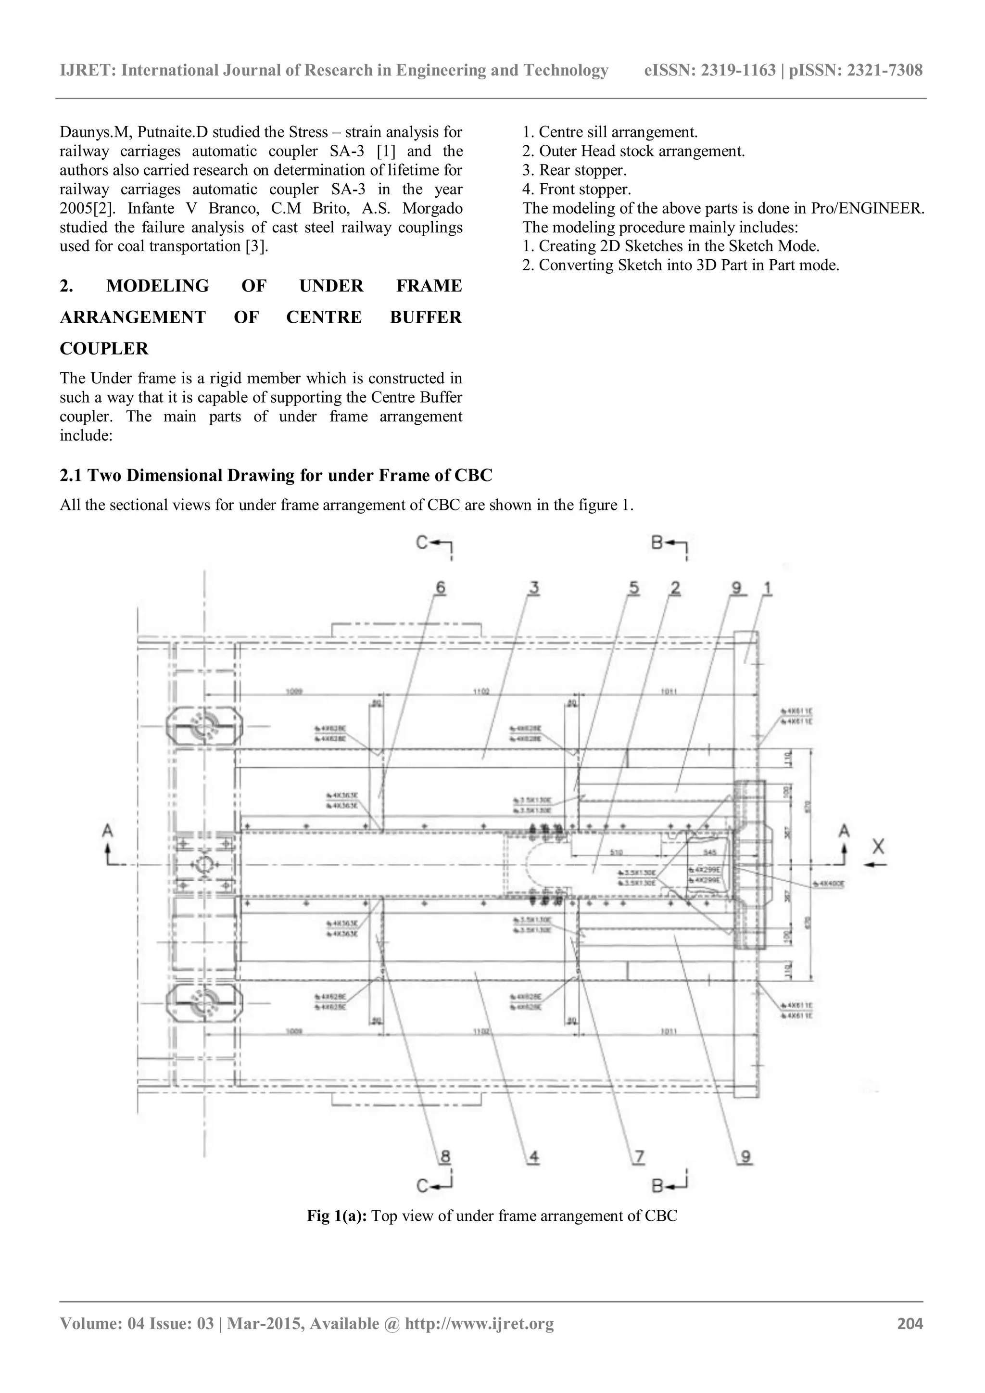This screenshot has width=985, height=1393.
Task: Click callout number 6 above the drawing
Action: (x=441, y=587)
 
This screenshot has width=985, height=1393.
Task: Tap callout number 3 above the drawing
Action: (x=534, y=587)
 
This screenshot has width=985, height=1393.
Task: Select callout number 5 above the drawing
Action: (x=633, y=587)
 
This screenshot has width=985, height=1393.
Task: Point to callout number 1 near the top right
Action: (x=767, y=587)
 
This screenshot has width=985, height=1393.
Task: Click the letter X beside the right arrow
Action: (x=878, y=846)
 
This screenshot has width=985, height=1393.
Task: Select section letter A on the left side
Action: (x=108, y=831)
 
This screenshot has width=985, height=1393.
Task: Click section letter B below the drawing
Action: (x=657, y=1186)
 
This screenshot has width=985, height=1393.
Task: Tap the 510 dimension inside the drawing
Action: (x=616, y=852)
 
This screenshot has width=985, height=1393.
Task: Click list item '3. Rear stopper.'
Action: (x=574, y=170)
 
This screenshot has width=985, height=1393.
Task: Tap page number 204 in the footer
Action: (x=910, y=1340)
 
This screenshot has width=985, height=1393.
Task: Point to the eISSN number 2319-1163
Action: (x=738, y=70)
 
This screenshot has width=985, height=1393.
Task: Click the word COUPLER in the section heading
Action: (x=104, y=349)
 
